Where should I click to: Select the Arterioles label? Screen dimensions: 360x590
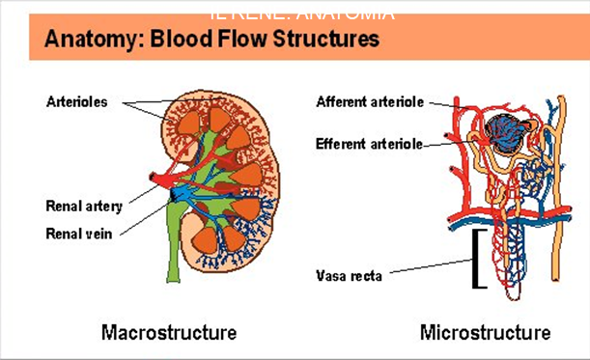click(x=76, y=100)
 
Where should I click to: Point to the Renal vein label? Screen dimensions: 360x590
click(x=79, y=233)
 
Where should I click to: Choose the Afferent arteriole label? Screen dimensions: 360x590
click(x=369, y=101)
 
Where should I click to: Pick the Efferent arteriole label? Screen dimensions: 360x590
click(x=369, y=144)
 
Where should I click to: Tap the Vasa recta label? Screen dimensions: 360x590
click(x=349, y=275)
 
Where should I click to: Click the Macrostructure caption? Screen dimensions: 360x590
click(x=169, y=333)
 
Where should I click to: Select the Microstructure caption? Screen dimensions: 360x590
click(x=485, y=333)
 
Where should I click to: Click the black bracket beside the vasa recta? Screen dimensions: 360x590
click(x=476, y=259)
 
